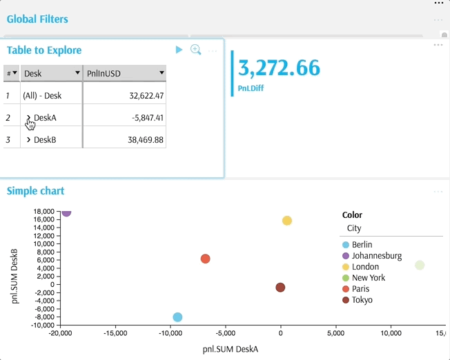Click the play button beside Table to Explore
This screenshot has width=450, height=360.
[179, 50]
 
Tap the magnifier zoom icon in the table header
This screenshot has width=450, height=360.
[196, 50]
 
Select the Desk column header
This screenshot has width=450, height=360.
[52, 73]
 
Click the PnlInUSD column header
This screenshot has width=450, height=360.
[125, 73]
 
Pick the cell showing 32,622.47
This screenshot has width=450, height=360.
[146, 96]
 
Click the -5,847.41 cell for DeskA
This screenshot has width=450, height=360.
[148, 118]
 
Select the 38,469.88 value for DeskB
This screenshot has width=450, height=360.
[146, 140]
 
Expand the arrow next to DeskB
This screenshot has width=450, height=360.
[28, 140]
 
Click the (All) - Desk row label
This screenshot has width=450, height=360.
[42, 96]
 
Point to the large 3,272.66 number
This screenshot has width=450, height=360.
[279, 68]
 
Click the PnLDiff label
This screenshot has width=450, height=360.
[251, 88]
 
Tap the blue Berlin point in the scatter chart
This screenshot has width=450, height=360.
[177, 317]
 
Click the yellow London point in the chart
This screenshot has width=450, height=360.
[287, 221]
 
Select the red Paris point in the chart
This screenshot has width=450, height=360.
[205, 259]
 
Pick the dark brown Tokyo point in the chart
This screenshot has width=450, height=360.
[280, 288]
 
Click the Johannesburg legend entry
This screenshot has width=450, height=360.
[372, 256]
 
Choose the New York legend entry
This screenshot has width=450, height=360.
[364, 278]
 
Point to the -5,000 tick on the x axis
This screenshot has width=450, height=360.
[226, 333]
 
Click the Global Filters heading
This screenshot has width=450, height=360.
[37, 19]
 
